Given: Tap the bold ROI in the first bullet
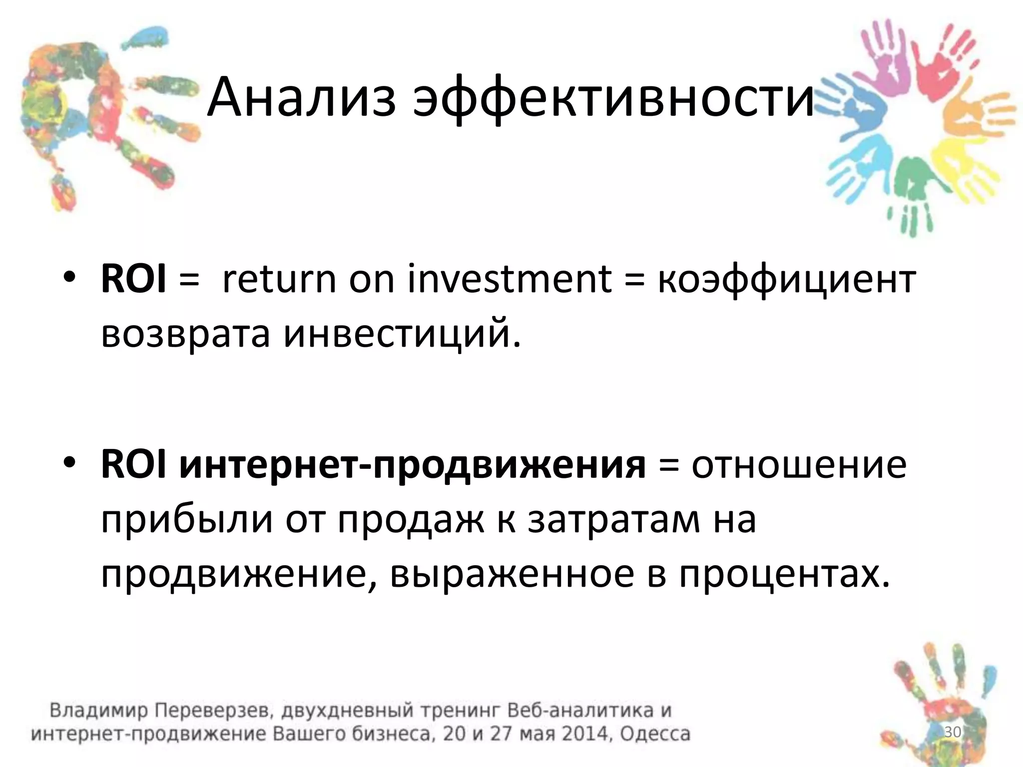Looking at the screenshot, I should tap(133, 280).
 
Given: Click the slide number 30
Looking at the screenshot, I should tap(953, 732).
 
